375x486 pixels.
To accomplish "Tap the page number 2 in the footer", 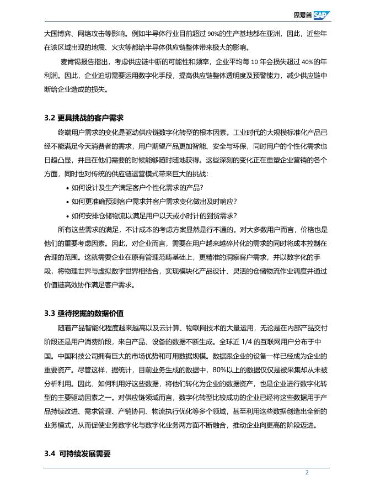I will pos(307,473).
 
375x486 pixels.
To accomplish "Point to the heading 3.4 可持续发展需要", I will pos(77,454).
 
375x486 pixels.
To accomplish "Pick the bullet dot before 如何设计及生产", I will pos(67,188).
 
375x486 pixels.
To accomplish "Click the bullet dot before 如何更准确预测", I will pos(67,202).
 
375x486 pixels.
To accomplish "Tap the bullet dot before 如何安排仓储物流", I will pos(67,216).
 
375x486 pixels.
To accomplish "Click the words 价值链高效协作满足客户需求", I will pos(88,286).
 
